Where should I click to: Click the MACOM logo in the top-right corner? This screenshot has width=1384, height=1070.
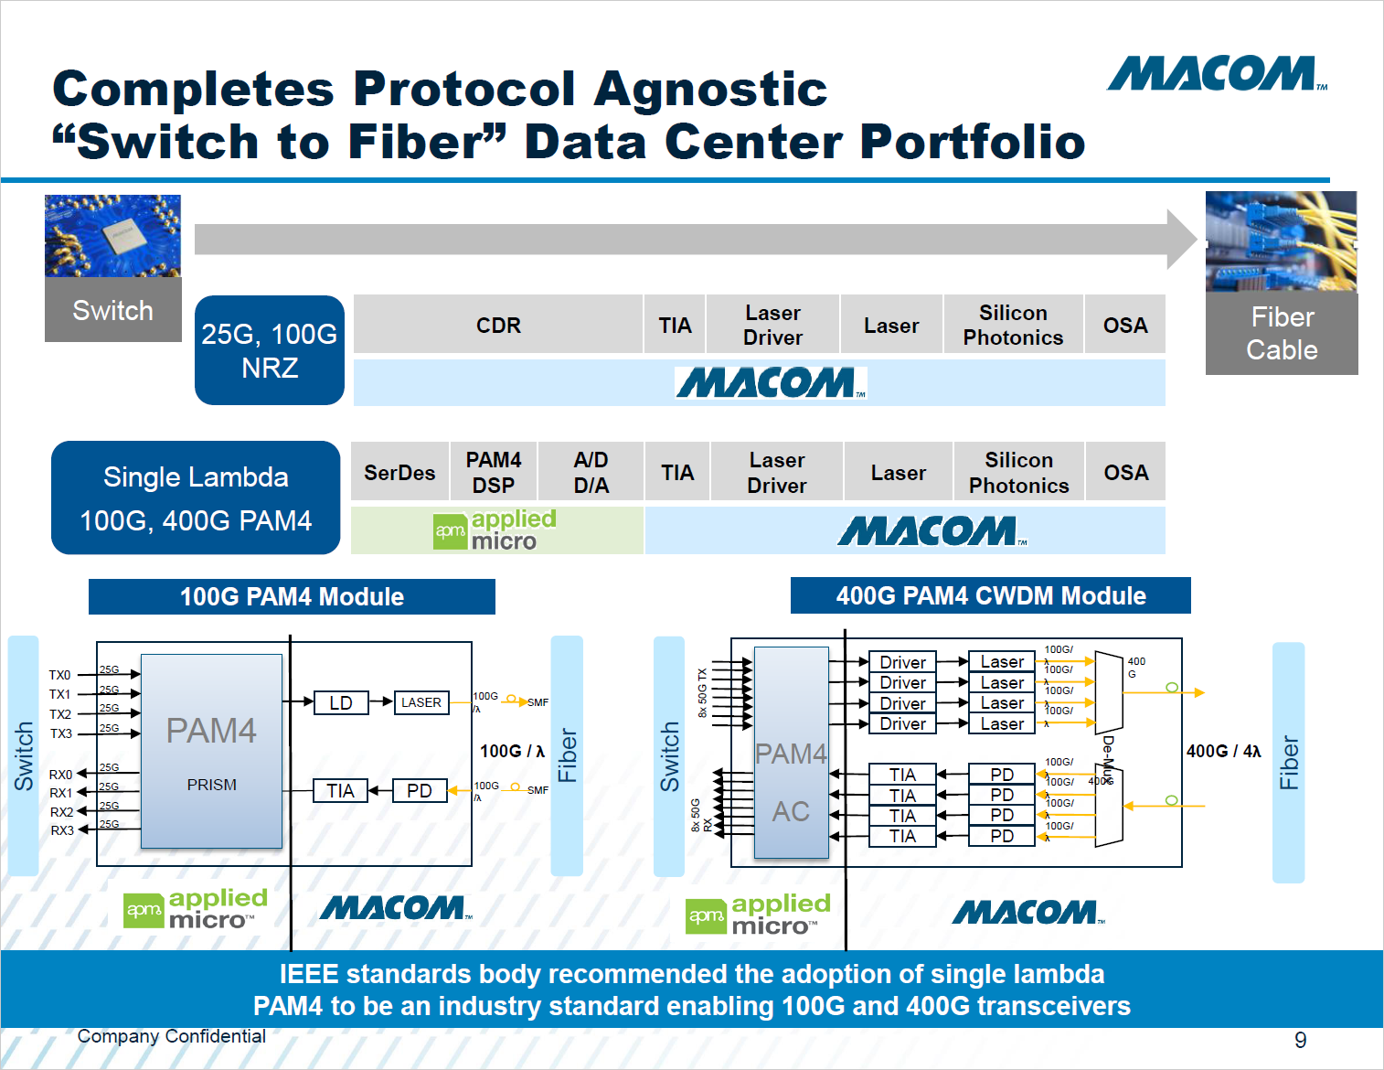click(1216, 74)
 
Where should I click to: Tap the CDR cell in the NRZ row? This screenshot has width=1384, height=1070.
click(498, 325)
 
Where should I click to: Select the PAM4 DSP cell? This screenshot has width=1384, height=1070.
click(494, 472)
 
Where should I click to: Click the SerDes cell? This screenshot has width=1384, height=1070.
click(399, 472)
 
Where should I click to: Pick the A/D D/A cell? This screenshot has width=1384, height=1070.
click(591, 472)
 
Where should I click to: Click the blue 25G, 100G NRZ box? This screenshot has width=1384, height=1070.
click(270, 350)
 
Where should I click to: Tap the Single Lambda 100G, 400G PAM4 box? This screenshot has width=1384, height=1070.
click(196, 498)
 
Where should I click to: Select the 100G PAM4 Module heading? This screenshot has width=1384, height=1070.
click(292, 596)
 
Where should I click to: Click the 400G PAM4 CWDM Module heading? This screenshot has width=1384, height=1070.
click(990, 595)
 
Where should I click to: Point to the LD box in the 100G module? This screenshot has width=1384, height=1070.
click(341, 702)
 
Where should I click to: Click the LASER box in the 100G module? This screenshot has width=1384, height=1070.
click(421, 702)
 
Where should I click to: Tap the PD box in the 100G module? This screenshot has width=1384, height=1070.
click(420, 790)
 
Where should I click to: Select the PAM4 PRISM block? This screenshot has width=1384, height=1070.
click(211, 751)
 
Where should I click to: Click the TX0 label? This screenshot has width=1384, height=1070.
click(59, 675)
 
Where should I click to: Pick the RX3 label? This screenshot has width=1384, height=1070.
click(62, 830)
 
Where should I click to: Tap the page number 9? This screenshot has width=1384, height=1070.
click(1300, 1040)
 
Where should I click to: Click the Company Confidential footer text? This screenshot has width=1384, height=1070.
click(172, 1036)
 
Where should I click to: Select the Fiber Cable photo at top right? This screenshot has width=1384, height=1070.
click(1281, 241)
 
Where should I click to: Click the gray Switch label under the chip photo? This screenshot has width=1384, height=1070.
click(113, 310)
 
